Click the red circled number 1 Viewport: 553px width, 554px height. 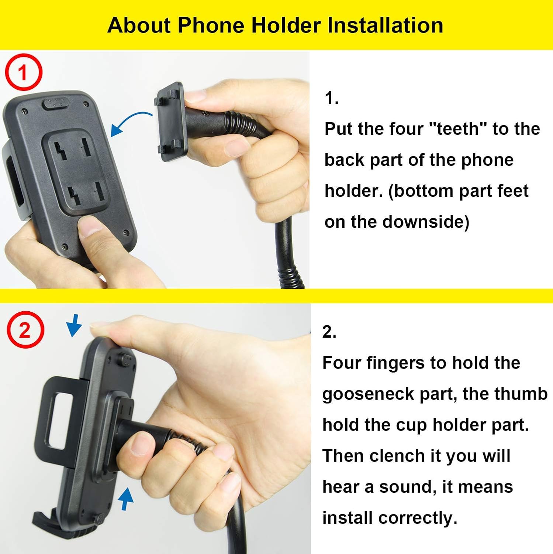[23, 72]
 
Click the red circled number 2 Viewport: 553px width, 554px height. [25, 330]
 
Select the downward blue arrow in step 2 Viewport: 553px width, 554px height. [74, 325]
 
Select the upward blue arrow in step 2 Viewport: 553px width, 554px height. [125, 498]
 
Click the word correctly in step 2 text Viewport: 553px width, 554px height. [417, 518]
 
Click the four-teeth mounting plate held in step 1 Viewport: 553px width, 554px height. [170, 122]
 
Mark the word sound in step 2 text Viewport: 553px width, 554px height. [407, 487]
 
